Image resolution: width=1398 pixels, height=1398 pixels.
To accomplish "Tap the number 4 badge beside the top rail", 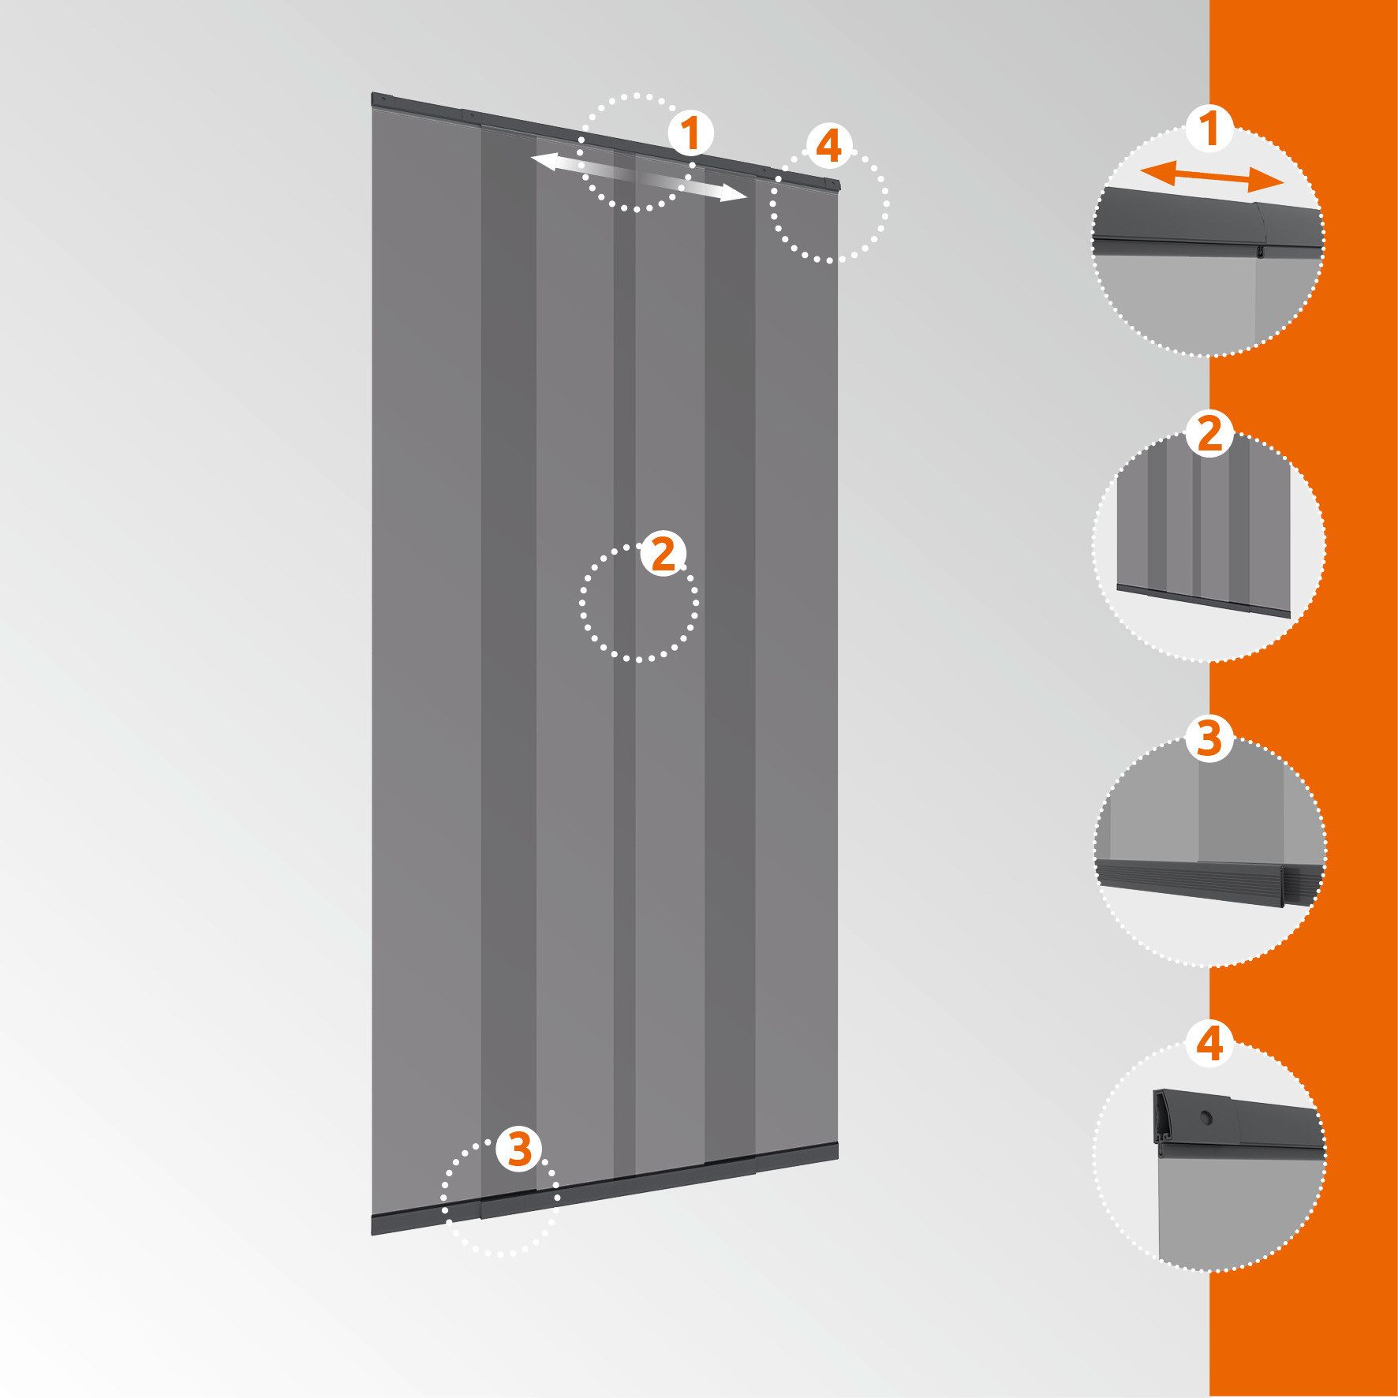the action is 828,147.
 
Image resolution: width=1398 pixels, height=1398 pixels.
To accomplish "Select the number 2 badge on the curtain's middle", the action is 663,555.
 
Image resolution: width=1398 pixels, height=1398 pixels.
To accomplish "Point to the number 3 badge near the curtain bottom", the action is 518,1148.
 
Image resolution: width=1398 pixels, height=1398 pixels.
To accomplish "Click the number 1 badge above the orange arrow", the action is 1209,129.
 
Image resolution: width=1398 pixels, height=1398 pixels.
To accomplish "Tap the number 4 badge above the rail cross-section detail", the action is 1209,1043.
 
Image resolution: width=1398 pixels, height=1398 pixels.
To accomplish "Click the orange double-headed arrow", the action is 1213,178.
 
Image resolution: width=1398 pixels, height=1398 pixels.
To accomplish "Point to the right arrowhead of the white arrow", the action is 734,194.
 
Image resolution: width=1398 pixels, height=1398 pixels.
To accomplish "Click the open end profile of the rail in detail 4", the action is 1163,1118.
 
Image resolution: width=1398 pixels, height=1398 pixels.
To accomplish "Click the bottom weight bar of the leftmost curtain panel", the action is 426,1222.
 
